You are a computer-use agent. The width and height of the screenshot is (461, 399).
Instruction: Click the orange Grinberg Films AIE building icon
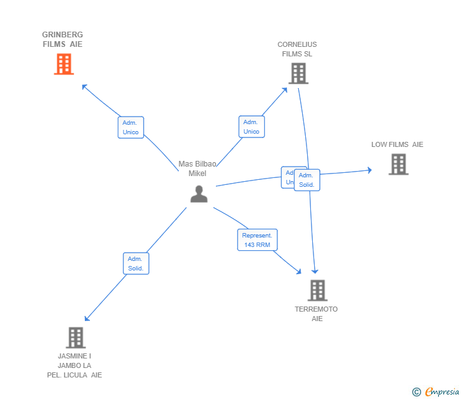(63, 64)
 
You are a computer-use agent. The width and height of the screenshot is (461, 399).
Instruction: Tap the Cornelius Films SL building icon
(298, 73)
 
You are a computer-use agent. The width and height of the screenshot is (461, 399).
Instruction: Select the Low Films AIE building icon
(398, 165)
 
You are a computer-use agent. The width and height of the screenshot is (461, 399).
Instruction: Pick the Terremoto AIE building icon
(317, 291)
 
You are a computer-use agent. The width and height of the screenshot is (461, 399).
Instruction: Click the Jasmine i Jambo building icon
(75, 338)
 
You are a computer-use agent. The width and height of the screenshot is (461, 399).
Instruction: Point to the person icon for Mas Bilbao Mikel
(199, 194)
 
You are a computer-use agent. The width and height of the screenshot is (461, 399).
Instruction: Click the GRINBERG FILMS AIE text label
(63, 39)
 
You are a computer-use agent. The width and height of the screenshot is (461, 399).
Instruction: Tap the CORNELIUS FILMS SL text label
(297, 49)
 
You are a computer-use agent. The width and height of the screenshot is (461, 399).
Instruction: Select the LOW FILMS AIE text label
(397, 144)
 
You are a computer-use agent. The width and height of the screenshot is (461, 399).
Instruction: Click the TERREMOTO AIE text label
(317, 314)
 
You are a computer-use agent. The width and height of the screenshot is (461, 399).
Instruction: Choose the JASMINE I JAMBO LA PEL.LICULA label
(75, 365)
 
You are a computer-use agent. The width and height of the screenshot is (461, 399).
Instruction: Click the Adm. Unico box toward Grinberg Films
(130, 127)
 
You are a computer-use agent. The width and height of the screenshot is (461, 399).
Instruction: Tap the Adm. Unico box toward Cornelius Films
(251, 127)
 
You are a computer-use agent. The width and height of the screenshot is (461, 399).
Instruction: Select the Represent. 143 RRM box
(257, 239)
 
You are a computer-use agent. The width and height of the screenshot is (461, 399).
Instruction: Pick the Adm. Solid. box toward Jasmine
(136, 263)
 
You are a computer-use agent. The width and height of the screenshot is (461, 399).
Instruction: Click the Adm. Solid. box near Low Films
(307, 180)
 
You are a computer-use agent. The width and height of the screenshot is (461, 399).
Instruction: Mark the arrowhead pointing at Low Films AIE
(369, 170)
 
